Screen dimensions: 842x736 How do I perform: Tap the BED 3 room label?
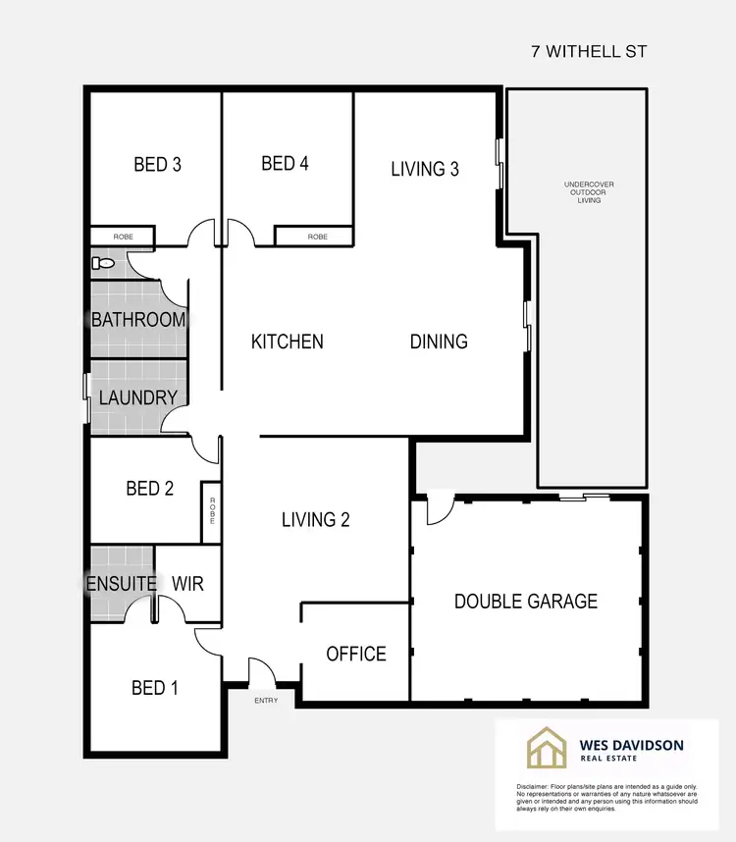157,165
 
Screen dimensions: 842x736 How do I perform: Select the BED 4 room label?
286,164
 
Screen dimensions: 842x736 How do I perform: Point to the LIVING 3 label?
425,169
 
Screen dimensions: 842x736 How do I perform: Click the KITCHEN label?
288,342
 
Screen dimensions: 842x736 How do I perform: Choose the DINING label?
439,342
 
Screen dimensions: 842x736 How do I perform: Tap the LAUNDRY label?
138,397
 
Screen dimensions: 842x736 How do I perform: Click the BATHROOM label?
138,319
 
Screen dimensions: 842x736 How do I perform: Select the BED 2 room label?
149,488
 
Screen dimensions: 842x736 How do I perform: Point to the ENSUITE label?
122,584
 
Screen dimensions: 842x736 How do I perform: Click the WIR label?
187,584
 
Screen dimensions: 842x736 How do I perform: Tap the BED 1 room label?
155,688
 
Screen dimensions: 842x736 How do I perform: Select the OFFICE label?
355,654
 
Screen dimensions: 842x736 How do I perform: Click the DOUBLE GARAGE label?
526,601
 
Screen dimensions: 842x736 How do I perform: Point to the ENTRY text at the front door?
266,700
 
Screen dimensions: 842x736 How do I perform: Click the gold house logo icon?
547,747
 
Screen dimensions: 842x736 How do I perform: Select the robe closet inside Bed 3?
123,237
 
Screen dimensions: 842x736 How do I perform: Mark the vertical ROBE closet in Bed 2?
210,511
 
